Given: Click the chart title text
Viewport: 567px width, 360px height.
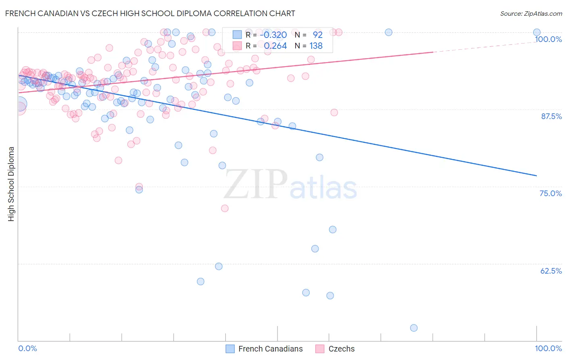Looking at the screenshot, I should point(150,13).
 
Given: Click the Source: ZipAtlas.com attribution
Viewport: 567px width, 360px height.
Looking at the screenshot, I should point(531,13).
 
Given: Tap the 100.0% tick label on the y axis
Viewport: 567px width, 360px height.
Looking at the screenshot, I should point(548,39).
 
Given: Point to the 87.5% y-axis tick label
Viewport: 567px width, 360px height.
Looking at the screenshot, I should point(551,116).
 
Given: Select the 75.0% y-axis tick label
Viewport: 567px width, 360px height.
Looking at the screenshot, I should point(550,193).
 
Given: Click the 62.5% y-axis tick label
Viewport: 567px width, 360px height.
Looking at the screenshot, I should point(551,271).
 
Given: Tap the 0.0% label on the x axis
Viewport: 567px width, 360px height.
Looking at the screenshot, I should point(27,348).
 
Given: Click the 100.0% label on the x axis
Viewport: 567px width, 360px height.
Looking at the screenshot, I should point(548,348).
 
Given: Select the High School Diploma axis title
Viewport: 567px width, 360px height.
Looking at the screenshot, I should point(11,184).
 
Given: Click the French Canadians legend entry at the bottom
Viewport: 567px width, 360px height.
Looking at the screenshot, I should point(270,349).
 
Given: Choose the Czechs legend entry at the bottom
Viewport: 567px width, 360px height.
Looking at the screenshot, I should point(341,349).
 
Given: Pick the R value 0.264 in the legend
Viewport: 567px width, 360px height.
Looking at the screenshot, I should point(275,46).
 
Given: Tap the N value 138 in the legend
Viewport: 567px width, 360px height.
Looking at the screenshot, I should point(316,46).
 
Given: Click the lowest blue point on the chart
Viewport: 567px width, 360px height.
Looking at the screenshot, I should point(414,328).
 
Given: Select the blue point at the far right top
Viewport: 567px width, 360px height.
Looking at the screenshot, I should point(537,32).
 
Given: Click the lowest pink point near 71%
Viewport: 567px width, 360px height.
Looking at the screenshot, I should point(225,208).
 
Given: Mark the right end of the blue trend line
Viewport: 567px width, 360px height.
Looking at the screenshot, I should point(536,176).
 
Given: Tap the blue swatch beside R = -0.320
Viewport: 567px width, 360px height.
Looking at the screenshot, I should point(237,35).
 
